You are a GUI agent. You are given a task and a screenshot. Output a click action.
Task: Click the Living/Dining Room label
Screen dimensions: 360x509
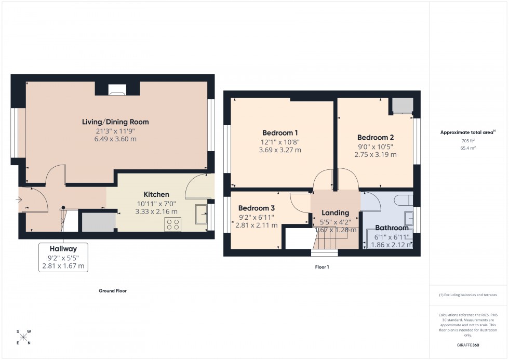click(x=115, y=122)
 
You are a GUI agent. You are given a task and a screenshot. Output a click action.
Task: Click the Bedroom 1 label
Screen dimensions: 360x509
click(x=280, y=132)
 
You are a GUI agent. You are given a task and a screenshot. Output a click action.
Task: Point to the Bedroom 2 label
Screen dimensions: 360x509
click(x=375, y=138)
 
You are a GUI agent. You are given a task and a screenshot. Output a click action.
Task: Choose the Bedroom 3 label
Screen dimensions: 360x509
click(x=257, y=208)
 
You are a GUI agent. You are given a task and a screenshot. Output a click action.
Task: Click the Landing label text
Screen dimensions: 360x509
click(x=335, y=212)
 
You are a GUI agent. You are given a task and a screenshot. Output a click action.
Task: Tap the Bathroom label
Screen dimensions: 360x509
click(x=392, y=228)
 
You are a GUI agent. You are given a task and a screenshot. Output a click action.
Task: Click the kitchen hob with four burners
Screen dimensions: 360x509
click(x=172, y=224)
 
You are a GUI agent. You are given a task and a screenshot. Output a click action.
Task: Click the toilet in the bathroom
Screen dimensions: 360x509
click(x=403, y=200)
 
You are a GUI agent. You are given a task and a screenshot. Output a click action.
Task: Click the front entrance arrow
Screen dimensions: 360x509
click(x=19, y=199)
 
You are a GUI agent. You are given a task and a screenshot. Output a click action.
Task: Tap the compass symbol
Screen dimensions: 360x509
click(x=23, y=337)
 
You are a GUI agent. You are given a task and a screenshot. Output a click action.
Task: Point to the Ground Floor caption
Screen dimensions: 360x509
click(x=113, y=291)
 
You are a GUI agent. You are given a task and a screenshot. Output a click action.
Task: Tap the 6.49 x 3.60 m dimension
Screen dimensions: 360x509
click(x=115, y=139)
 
